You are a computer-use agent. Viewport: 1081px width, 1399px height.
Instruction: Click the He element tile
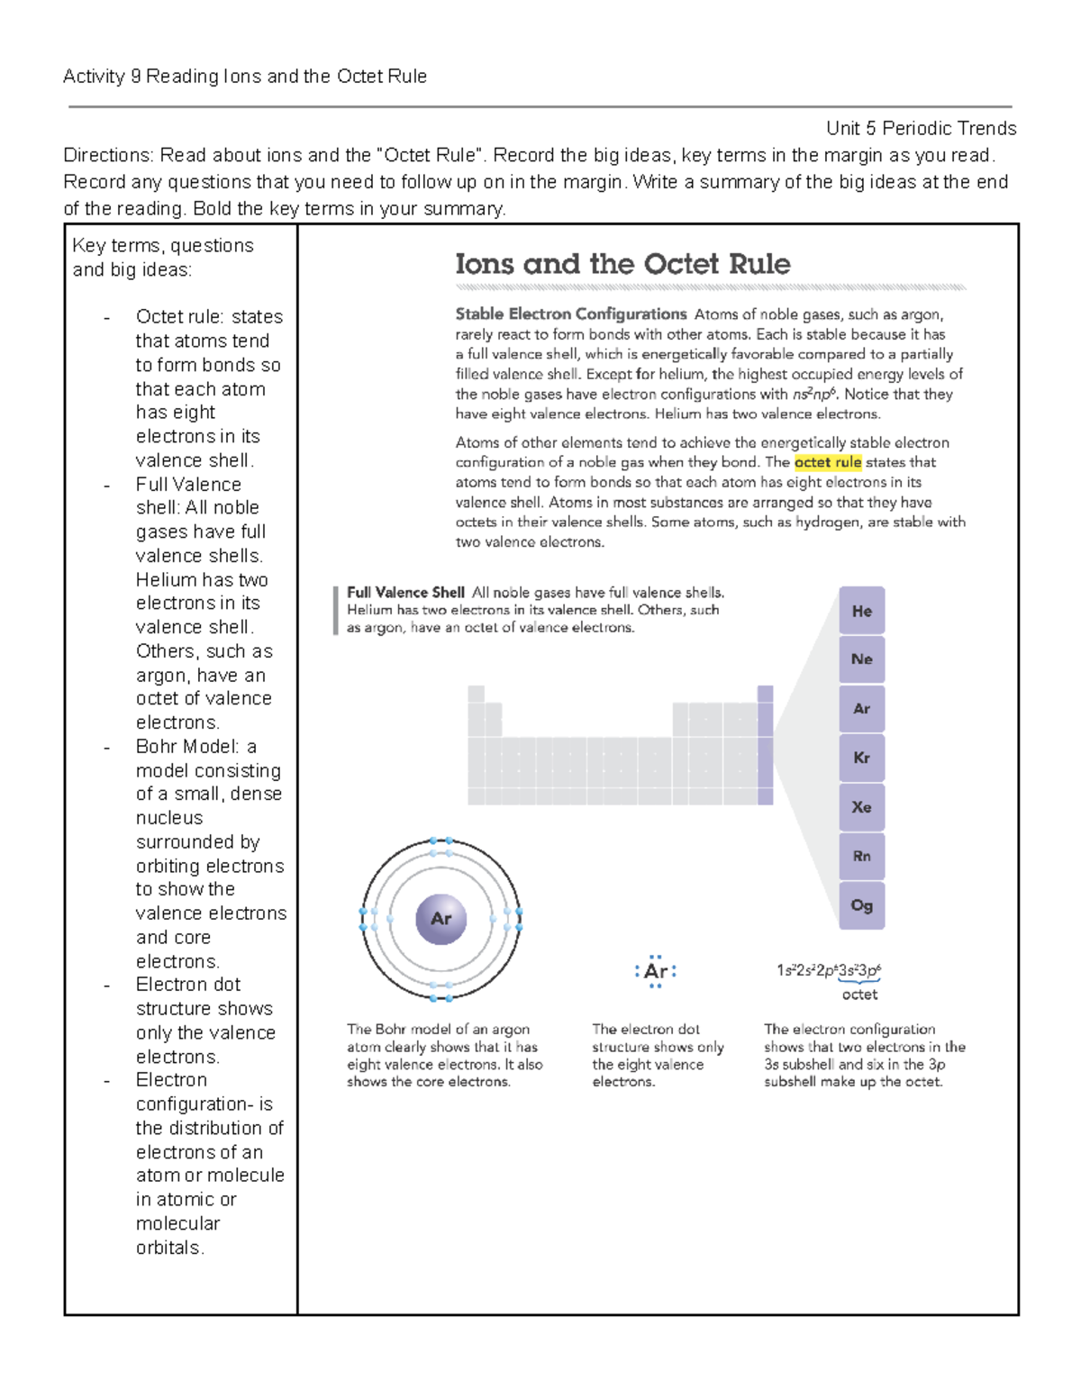tap(861, 611)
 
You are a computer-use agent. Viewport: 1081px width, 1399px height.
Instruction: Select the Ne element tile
tap(861, 659)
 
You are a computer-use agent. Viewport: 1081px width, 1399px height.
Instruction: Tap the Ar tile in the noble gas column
tap(861, 709)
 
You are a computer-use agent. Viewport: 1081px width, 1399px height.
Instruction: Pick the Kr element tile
tap(861, 758)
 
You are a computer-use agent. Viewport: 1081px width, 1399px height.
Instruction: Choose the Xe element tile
tap(861, 807)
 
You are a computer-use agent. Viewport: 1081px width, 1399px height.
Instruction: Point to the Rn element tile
tap(861, 856)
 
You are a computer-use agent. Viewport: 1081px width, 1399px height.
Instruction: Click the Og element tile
tap(861, 905)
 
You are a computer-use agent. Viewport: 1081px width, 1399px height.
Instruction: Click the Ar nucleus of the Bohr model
tap(441, 919)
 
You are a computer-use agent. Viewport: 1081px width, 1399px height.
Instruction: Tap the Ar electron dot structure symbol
tap(656, 971)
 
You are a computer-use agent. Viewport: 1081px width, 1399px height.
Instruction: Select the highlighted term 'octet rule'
tap(828, 462)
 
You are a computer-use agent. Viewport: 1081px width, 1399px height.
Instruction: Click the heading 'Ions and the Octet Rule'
tap(622, 264)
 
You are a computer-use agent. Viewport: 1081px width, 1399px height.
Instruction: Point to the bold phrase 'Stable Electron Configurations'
tap(571, 314)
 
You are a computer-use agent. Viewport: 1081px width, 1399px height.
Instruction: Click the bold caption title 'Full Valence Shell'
tap(405, 593)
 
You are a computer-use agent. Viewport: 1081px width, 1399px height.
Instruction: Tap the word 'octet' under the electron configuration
tap(859, 995)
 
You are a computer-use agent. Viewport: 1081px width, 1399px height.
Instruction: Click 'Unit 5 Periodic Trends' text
tap(921, 128)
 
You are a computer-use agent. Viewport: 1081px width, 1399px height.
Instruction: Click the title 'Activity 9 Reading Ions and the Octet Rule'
tap(245, 77)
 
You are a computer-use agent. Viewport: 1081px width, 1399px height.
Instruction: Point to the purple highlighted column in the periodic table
tap(765, 745)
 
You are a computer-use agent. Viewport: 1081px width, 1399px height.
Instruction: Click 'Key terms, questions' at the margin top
tap(163, 246)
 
